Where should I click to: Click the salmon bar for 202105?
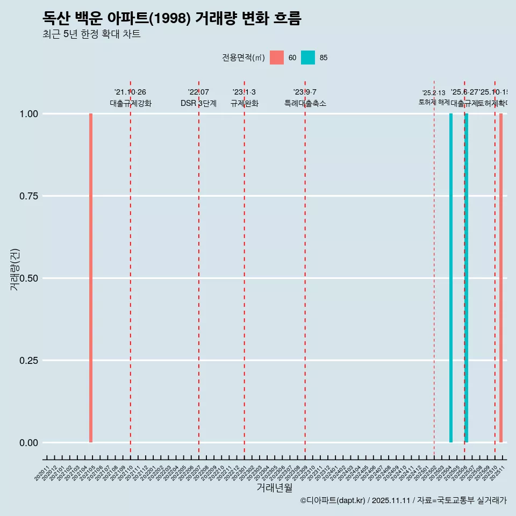pyautogui.click(x=91, y=278)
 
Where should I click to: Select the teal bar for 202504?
pyautogui.click(x=451, y=278)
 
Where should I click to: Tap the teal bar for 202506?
pyautogui.click(x=467, y=278)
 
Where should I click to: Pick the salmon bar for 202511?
pyautogui.click(x=501, y=278)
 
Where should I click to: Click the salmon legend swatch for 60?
pyautogui.click(x=277, y=58)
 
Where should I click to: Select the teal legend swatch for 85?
pyautogui.click(x=308, y=58)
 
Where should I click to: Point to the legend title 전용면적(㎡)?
pyautogui.click(x=243, y=58)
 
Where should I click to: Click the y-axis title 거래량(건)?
pyautogui.click(x=15, y=269)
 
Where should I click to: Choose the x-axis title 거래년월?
pyautogui.click(x=274, y=488)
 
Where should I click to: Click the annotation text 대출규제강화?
pyautogui.click(x=131, y=103)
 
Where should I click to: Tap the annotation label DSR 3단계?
pyautogui.click(x=198, y=103)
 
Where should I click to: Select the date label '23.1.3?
pyautogui.click(x=244, y=92)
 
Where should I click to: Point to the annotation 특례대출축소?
pyautogui.click(x=305, y=103)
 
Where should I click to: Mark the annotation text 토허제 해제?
pyautogui.click(x=434, y=102)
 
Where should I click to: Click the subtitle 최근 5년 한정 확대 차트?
pyautogui.click(x=91, y=34)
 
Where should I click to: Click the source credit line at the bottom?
pyautogui.click(x=403, y=500)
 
